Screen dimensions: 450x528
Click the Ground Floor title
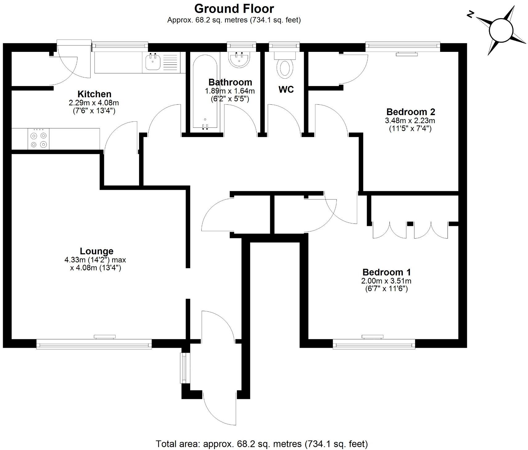(x=234, y=9)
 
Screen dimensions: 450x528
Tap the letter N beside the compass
(x=470, y=15)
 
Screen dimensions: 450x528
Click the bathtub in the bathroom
(x=205, y=93)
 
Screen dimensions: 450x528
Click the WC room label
(x=286, y=90)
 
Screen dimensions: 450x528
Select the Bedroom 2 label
(x=410, y=112)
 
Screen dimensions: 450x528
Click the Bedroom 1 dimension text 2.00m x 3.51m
(x=386, y=281)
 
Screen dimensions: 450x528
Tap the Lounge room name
(x=97, y=251)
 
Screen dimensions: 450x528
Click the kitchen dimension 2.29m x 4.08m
(x=94, y=103)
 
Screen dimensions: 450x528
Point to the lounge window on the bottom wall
(x=94, y=344)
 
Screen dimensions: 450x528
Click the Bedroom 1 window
(x=374, y=344)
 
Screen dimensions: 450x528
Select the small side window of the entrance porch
(x=184, y=368)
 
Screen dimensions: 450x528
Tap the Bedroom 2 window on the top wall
(x=402, y=46)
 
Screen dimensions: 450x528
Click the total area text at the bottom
(x=262, y=444)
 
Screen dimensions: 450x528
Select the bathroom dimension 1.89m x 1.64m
(x=230, y=91)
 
